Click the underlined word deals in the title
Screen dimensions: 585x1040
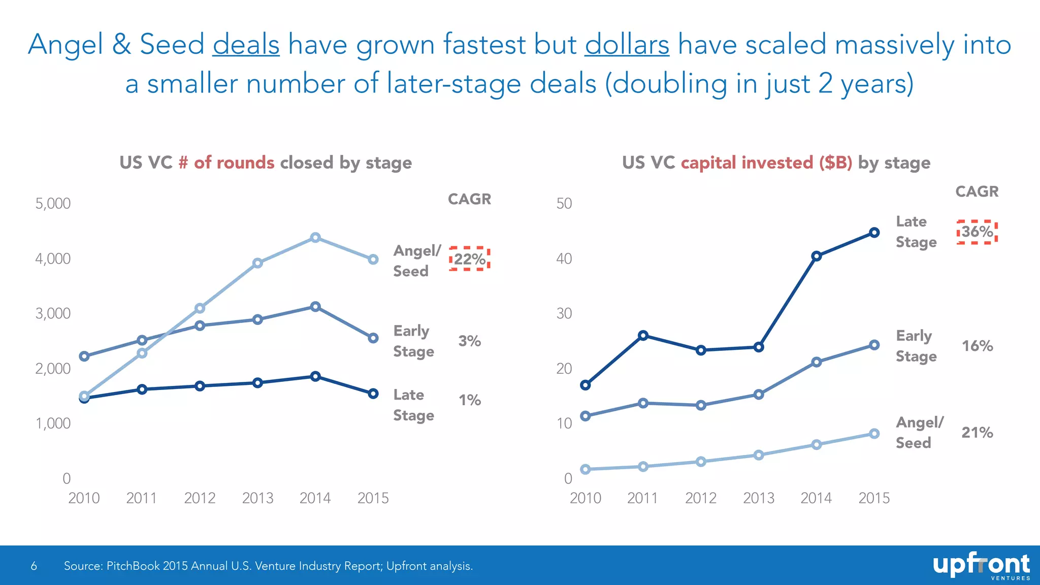246,44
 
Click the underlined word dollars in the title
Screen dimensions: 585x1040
627,44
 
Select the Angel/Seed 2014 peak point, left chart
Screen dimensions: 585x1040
315,237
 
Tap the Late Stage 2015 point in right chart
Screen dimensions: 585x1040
874,233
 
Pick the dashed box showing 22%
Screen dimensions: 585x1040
469,259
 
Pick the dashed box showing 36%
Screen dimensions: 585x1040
977,232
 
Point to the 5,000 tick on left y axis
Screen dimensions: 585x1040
53,204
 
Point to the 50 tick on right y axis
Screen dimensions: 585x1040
564,204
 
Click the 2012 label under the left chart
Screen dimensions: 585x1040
200,498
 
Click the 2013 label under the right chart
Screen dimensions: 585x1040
758,498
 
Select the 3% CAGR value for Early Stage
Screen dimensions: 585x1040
469,341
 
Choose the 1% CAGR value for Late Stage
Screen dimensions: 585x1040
469,400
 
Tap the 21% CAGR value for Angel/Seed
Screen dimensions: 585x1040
977,433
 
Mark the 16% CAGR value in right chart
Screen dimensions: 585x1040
977,346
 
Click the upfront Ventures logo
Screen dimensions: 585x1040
981,566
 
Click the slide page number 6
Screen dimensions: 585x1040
34,566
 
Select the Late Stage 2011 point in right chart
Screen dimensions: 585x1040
643,335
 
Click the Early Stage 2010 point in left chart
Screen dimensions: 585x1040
84,356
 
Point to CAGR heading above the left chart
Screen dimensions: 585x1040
469,199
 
